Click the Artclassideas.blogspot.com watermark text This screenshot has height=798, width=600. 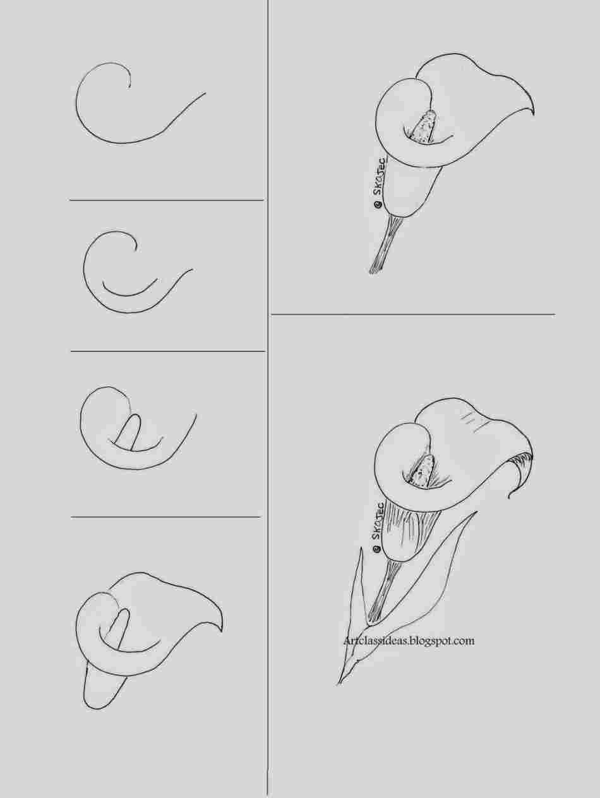tap(409, 640)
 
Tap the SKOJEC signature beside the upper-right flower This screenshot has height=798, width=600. tap(380, 181)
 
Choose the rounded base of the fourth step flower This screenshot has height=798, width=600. tap(101, 694)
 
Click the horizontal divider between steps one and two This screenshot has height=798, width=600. tap(166, 200)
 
